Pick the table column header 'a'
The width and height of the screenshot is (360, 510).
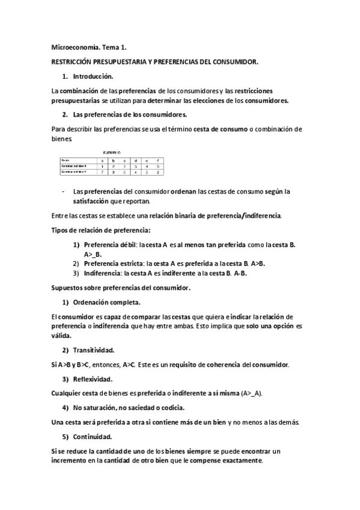(103, 159)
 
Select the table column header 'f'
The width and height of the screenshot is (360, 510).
(157, 159)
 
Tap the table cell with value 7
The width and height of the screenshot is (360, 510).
(103, 172)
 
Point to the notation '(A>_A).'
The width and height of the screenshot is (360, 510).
(252, 393)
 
